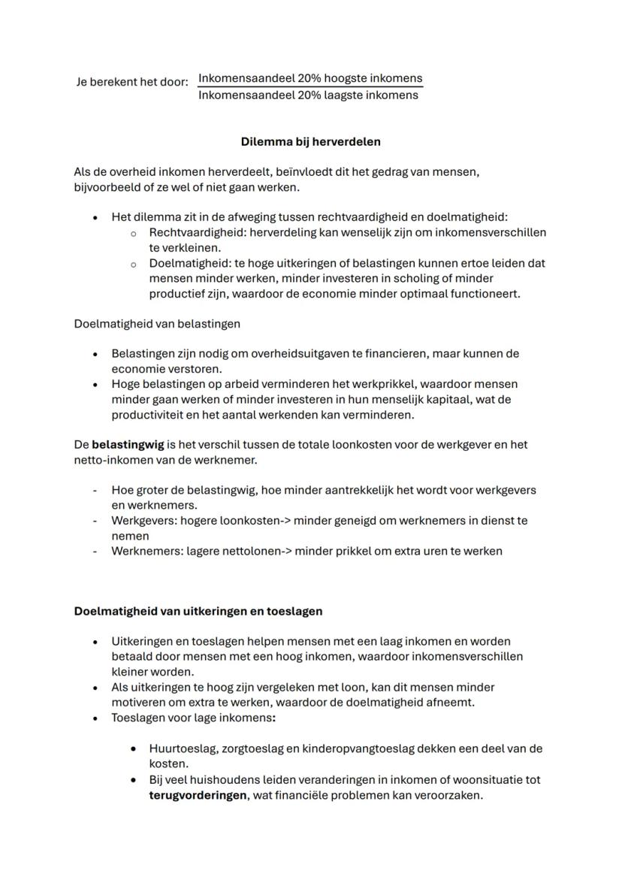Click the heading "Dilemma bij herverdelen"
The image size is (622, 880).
tap(310, 141)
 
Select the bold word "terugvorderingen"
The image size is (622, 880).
tap(198, 794)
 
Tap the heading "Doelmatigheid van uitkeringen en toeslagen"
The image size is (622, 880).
tap(198, 611)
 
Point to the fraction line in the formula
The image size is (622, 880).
tap(309, 87)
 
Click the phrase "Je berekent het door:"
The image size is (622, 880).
tap(132, 82)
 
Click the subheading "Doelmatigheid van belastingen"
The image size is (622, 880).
tap(157, 323)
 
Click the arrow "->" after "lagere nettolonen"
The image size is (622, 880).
tap(283, 551)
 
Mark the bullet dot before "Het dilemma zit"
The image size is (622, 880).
tap(95, 217)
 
